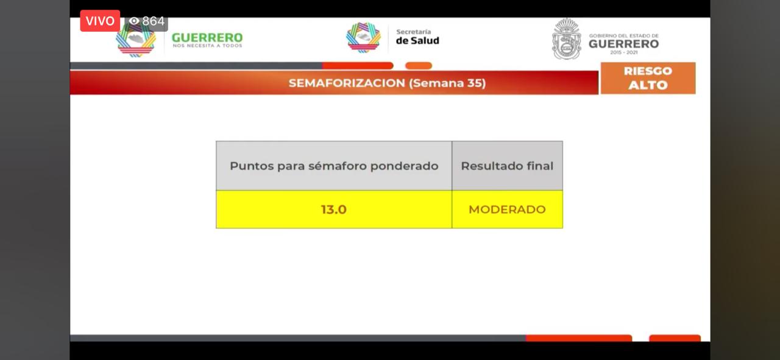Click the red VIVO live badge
click(100, 21)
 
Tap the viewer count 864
click(153, 21)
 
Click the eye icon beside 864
click(133, 21)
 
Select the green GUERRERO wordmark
click(207, 37)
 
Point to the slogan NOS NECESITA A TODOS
click(207, 46)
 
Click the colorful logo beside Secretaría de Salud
click(363, 38)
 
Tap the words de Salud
click(417, 41)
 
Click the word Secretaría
click(413, 32)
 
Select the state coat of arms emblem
click(567, 38)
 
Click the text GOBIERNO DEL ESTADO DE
click(623, 35)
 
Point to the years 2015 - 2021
click(623, 52)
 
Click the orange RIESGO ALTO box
click(648, 78)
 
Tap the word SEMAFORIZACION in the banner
click(347, 83)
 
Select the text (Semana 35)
click(447, 83)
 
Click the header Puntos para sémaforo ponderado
click(334, 166)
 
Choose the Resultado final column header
click(507, 166)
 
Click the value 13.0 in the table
click(333, 210)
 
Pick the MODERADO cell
click(507, 210)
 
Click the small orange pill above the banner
click(419, 65)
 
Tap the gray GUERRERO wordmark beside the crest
click(623, 44)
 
